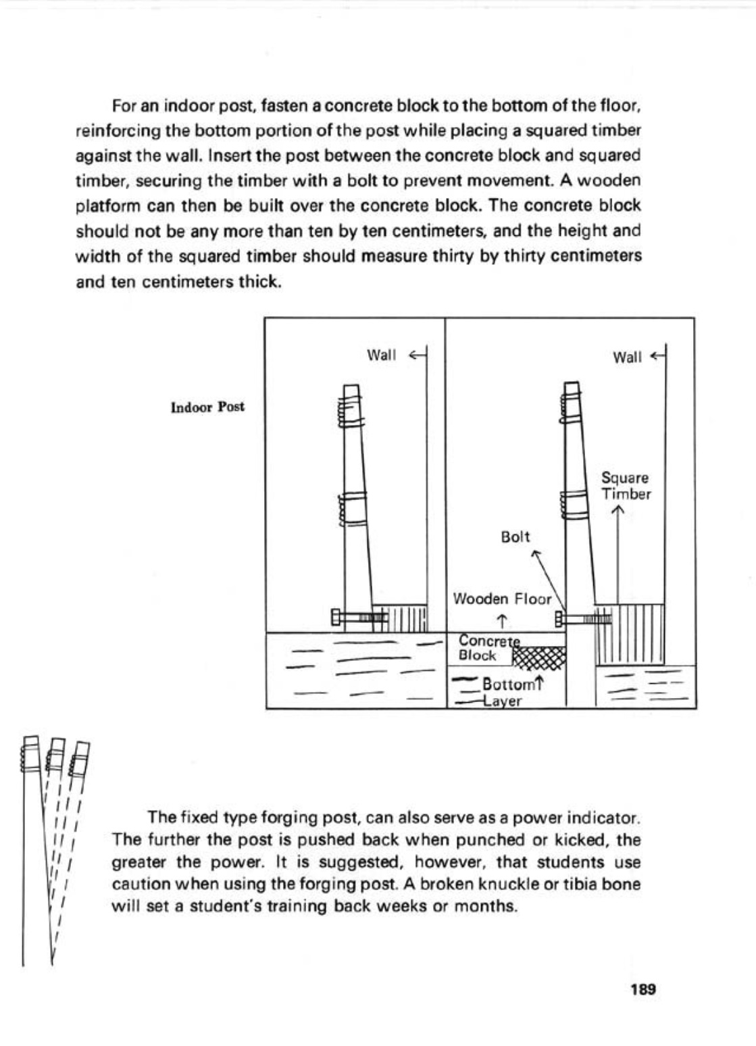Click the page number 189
click(x=642, y=990)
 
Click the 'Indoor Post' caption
click(x=207, y=407)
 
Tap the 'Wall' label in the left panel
click(x=380, y=355)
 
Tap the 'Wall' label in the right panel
click(x=627, y=357)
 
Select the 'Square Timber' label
click(x=626, y=486)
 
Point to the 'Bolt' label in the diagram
click(x=515, y=537)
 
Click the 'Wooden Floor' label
click(x=502, y=599)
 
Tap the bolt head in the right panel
click(x=559, y=618)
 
